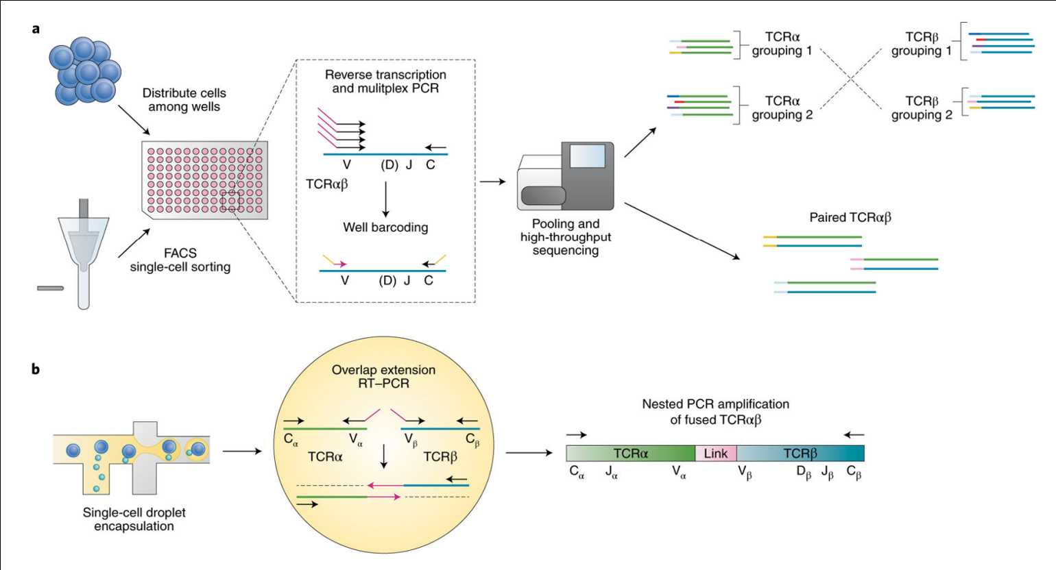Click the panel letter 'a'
[x=36, y=29]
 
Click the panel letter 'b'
[x=36, y=369]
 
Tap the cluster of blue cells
[x=85, y=71]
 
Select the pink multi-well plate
[x=204, y=180]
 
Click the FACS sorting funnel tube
[x=84, y=253]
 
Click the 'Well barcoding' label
[x=385, y=227]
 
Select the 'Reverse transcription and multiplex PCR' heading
[x=385, y=82]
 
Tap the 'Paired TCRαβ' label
[x=850, y=218]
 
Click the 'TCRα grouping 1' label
[x=782, y=44]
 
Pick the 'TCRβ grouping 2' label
[x=922, y=108]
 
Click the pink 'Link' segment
[x=716, y=454]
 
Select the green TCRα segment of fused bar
[x=631, y=454]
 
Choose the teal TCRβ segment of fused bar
[x=800, y=454]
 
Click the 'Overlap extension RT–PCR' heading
[x=383, y=377]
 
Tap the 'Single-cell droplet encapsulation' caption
[x=134, y=519]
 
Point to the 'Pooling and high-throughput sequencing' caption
[x=566, y=237]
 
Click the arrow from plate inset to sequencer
[x=492, y=182]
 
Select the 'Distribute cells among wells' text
[x=184, y=100]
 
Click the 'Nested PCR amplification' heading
[x=715, y=412]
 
